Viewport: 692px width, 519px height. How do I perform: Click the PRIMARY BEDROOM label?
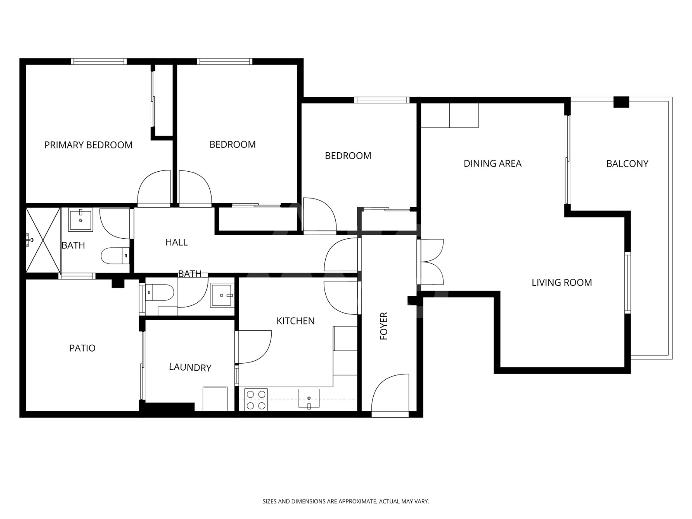click(88, 145)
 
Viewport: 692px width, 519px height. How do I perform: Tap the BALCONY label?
click(627, 163)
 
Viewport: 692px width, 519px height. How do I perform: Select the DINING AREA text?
click(493, 163)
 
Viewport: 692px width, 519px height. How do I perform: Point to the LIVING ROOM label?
click(562, 283)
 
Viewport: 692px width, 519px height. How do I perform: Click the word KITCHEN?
click(295, 321)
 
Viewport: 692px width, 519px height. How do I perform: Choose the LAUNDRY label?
click(190, 368)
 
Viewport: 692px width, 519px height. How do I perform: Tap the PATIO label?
click(82, 348)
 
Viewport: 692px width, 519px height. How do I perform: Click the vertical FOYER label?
click(384, 326)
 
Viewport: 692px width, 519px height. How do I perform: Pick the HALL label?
click(176, 242)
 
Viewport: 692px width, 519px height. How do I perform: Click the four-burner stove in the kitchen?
click(256, 400)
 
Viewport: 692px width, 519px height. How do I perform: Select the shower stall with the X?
click(43, 240)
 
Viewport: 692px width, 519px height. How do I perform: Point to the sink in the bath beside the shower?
click(81, 220)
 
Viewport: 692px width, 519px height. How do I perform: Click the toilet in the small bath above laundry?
click(159, 293)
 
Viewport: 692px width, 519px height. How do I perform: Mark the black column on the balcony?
click(621, 102)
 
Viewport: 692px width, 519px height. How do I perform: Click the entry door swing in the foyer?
click(390, 393)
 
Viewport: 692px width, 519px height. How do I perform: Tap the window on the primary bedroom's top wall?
click(99, 61)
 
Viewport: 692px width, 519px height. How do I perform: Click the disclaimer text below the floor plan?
click(346, 501)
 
